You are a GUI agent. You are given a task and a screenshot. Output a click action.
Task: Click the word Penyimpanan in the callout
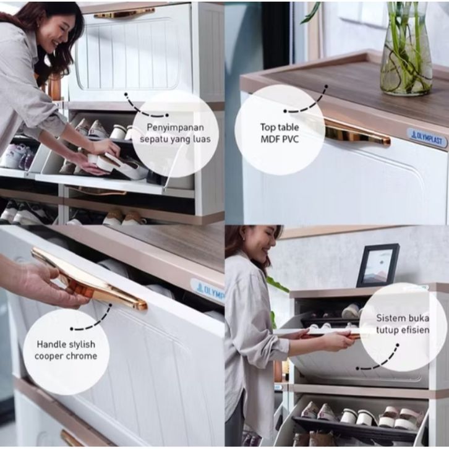[x=175, y=127]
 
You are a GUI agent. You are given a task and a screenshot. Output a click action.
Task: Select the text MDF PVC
[x=280, y=139]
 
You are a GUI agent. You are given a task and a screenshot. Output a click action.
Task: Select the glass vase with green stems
[x=406, y=48]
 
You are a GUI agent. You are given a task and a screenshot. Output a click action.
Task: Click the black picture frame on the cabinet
[x=378, y=265]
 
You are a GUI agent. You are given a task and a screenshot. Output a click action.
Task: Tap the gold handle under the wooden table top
[x=357, y=133]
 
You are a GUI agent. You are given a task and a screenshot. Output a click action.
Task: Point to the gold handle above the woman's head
[x=124, y=13]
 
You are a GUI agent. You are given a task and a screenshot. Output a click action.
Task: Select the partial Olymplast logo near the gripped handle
[x=207, y=291]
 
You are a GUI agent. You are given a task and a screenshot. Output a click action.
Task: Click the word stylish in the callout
[x=82, y=344]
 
